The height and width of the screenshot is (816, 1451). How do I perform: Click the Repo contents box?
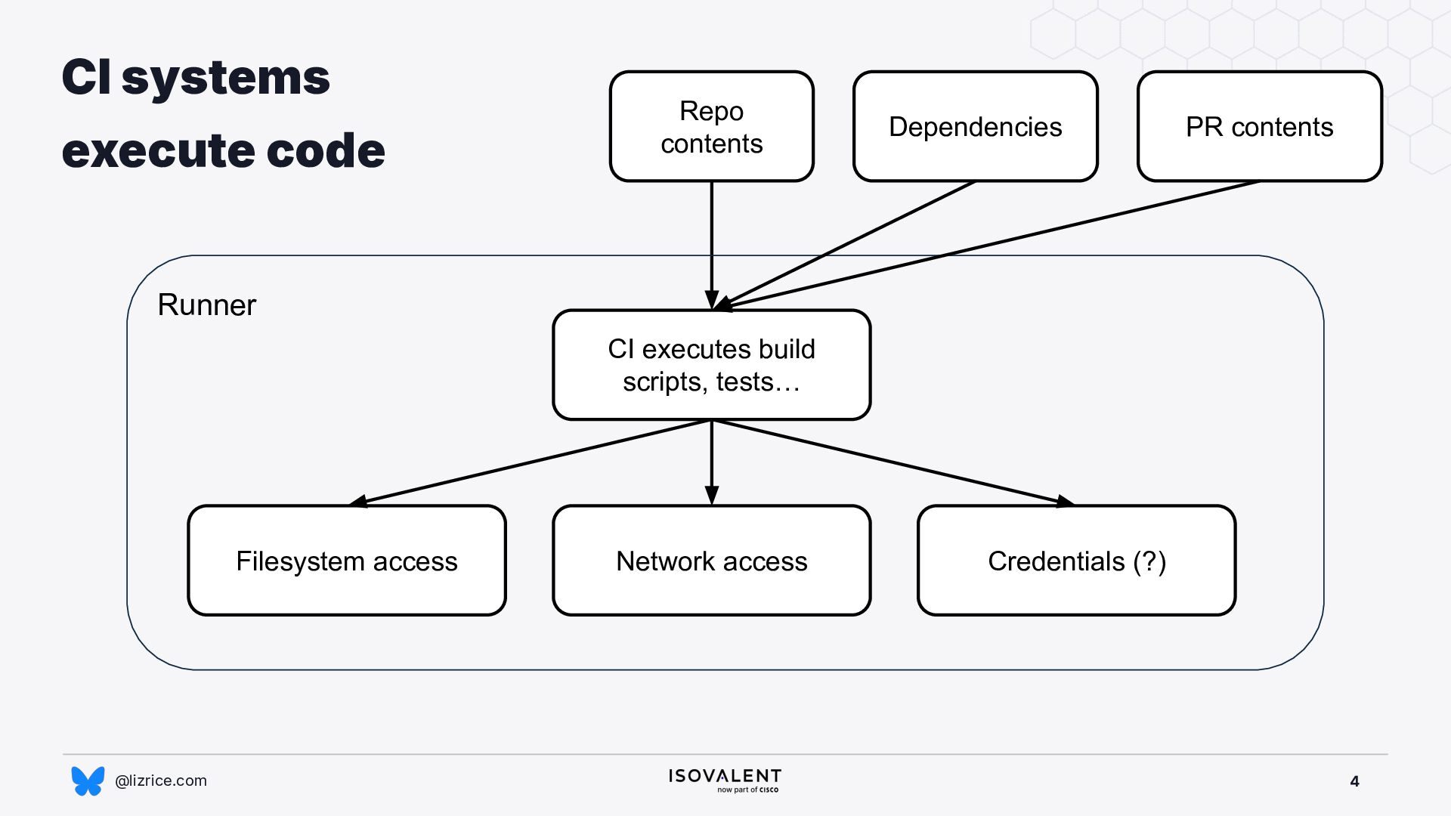(711, 126)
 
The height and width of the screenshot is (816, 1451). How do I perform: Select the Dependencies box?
(975, 126)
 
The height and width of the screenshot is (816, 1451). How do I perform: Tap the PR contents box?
(1259, 126)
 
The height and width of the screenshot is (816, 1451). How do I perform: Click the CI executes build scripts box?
(711, 365)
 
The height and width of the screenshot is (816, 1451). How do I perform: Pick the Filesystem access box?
(347, 561)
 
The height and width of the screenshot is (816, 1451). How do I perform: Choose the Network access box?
(711, 561)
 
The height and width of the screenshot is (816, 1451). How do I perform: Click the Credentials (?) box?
(1076, 561)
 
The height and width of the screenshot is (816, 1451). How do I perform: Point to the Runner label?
(206, 305)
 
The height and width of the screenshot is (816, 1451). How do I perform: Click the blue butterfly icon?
(88, 780)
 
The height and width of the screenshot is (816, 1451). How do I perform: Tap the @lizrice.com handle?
(160, 780)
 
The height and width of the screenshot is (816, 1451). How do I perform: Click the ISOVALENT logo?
(725, 780)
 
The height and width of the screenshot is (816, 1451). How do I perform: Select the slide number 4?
(1354, 781)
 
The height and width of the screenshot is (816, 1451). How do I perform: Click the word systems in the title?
(225, 78)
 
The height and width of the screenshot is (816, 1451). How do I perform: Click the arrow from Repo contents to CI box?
(711, 246)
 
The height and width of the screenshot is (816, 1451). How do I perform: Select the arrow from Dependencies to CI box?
(844, 246)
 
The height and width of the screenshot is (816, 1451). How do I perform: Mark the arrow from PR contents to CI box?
(986, 246)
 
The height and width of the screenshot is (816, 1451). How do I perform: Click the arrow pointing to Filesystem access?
(530, 462)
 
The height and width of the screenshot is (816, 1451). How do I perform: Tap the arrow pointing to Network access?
(711, 462)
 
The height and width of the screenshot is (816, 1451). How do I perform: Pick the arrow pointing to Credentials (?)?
(893, 462)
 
